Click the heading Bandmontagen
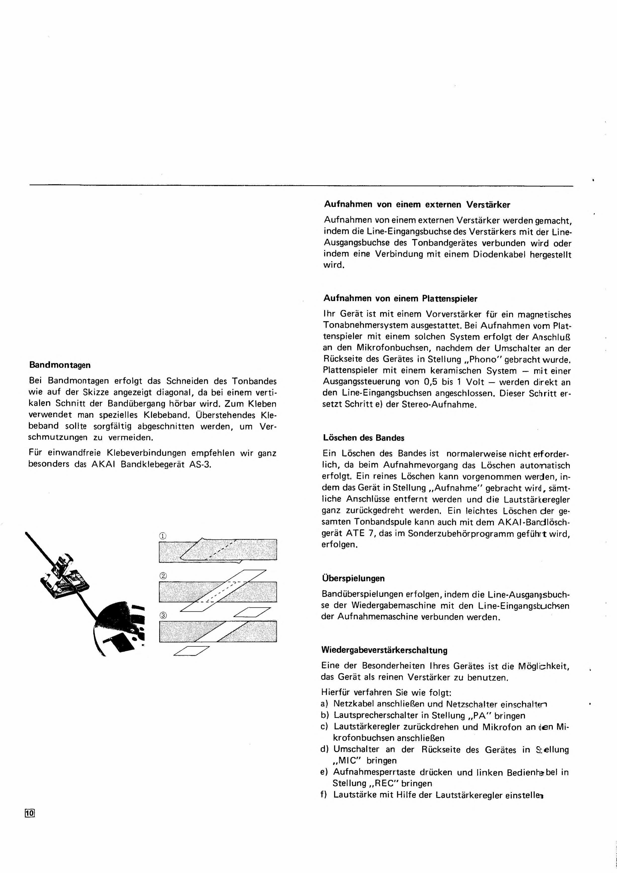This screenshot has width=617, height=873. click(60, 365)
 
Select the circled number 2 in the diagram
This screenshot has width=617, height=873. click(163, 576)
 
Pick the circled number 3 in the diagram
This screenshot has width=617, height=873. click(163, 615)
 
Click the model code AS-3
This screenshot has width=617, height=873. click(199, 465)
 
